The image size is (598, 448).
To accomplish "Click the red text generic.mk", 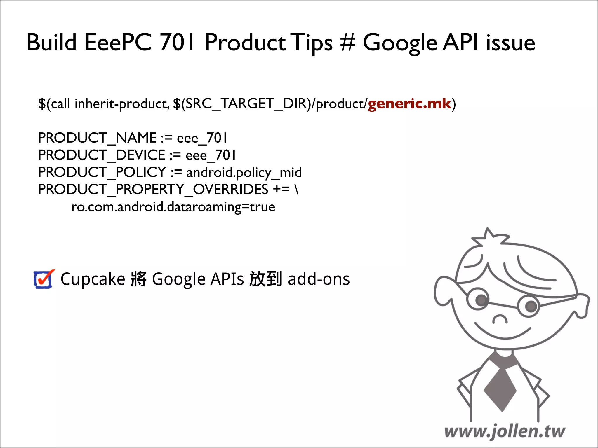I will [x=409, y=104].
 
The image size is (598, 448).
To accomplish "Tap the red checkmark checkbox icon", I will [x=44, y=279].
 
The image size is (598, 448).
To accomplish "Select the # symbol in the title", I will [x=347, y=43].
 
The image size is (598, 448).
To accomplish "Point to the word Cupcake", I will [x=93, y=279].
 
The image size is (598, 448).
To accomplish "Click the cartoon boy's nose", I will [x=500, y=319].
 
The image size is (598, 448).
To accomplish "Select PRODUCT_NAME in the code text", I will [x=97, y=138].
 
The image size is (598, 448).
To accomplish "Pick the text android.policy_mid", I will [x=244, y=173].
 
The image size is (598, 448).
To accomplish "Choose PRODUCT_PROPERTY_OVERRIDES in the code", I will [x=153, y=190].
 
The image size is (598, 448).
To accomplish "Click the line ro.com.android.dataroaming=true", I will [x=173, y=207].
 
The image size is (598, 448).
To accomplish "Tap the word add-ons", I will [x=319, y=279].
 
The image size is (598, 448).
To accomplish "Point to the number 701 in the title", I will [x=177, y=43].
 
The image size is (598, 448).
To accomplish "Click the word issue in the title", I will [x=510, y=43].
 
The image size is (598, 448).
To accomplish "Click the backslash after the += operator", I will [x=296, y=190].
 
